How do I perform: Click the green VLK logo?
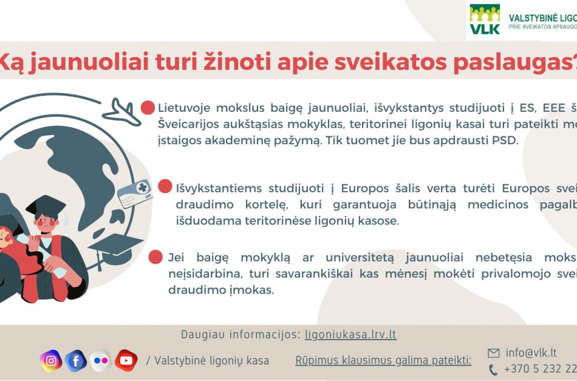(x=485, y=19)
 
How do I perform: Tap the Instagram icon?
(x=51, y=361)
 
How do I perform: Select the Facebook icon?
(x=76, y=361)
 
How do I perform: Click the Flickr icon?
(x=101, y=361)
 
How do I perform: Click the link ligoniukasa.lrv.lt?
(x=350, y=335)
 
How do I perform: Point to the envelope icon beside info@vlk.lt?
(x=493, y=353)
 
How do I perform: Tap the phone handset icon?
(x=493, y=369)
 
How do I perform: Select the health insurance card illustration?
(x=135, y=194)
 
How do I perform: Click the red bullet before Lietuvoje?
(x=148, y=108)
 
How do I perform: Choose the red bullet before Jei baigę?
(x=155, y=257)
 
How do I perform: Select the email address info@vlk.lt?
(x=531, y=353)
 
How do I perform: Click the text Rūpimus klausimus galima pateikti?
(x=383, y=361)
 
